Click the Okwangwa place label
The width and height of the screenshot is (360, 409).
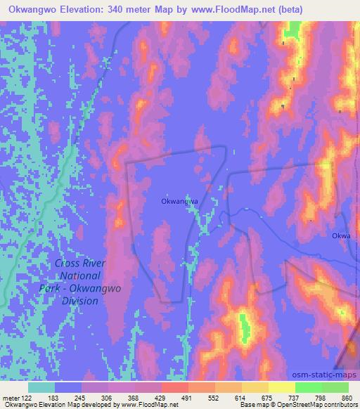pos(179,200)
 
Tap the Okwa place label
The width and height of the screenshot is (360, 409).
pos(341,237)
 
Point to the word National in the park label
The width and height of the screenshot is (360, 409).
pos(79,275)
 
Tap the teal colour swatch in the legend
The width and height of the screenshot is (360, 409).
pos(42,387)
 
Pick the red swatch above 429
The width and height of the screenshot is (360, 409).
pos(174,387)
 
